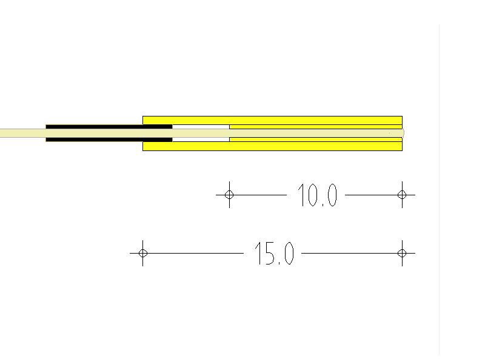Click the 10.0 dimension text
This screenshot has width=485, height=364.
pos(317,195)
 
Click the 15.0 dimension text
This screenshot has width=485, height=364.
pos(274,254)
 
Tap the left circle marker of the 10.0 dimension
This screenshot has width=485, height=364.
pos(229,195)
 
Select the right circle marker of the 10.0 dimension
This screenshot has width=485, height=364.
pos(402,195)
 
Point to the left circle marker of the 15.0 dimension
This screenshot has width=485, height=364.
pos(143,253)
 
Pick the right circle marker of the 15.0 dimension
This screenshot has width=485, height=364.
pos(402,253)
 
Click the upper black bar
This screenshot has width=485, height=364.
pos(109,127)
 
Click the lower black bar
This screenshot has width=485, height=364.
pos(109,140)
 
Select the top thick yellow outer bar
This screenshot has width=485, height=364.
pos(272,120)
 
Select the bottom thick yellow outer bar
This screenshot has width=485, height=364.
pos(272,146)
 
